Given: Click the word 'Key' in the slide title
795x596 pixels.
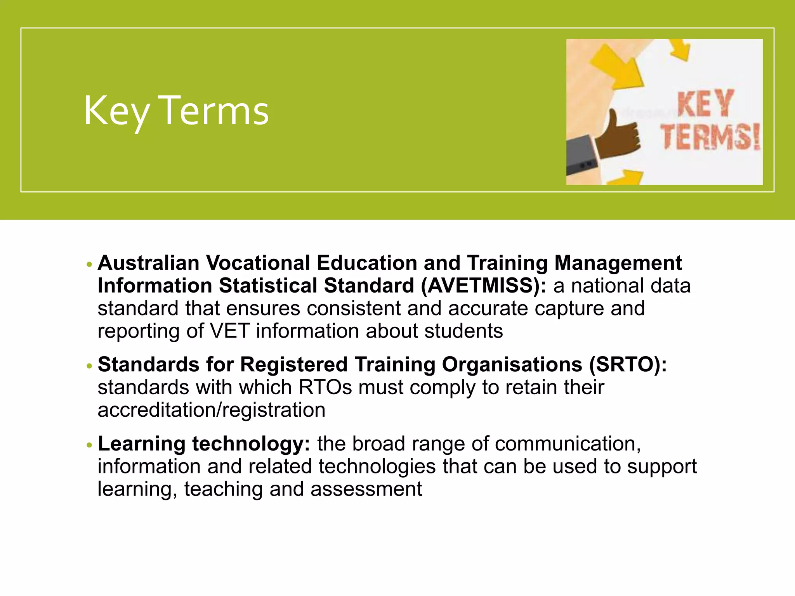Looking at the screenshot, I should tap(116, 111).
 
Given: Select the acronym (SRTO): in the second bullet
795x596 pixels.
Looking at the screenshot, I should tap(628, 365).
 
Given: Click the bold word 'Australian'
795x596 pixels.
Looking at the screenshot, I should tap(148, 263).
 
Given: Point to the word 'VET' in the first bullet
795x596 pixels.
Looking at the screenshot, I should tap(229, 331).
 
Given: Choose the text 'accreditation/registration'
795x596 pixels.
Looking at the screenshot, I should tap(212, 410).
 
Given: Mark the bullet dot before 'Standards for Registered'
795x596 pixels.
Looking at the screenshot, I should tap(90, 366).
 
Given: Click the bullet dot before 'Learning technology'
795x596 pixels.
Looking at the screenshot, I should tap(90, 445).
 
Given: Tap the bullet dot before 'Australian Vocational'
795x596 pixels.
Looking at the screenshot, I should tap(90, 265).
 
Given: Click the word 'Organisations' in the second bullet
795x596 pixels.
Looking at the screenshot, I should tap(512, 365).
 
